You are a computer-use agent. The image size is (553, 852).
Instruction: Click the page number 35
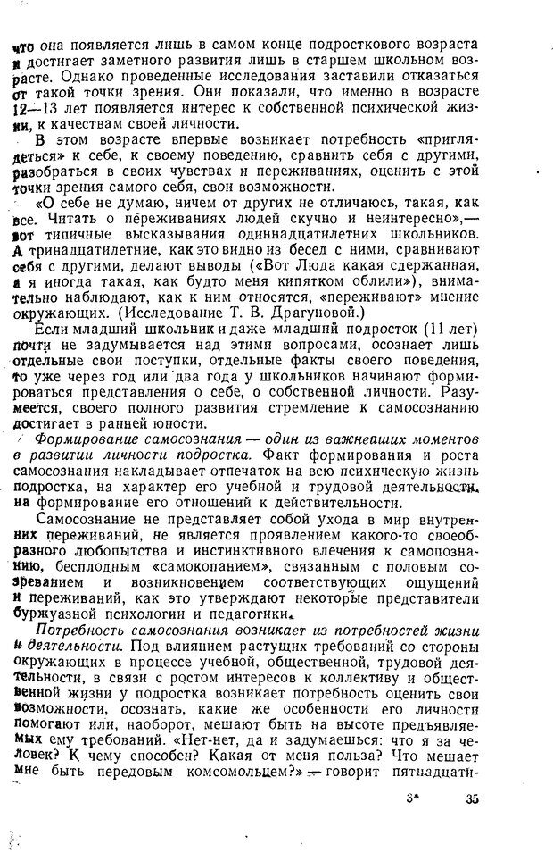(x=472, y=799)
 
